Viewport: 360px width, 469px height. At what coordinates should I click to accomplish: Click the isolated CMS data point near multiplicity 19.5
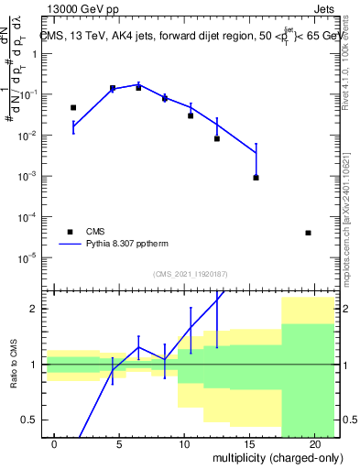click(308, 233)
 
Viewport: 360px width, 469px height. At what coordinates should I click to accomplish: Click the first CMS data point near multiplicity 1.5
click(73, 107)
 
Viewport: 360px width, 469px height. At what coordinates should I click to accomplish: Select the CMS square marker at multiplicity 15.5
click(256, 177)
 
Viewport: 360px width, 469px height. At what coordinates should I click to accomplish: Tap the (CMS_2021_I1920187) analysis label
click(190, 274)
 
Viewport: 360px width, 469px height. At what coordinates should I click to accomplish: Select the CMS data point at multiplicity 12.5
click(217, 138)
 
